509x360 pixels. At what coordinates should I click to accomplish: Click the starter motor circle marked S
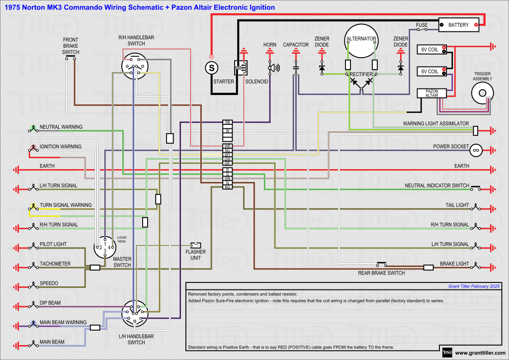click(x=212, y=67)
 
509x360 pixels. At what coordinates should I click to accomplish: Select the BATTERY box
click(x=459, y=25)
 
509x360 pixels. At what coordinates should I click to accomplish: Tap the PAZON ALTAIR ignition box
click(x=431, y=93)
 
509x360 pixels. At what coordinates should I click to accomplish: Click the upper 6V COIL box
click(x=431, y=49)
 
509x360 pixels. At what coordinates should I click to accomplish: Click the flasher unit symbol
click(x=196, y=245)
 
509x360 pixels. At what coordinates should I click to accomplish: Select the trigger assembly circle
click(x=482, y=92)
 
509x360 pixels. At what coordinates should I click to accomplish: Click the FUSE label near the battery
click(x=422, y=25)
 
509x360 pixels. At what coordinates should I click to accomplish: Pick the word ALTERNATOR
click(x=361, y=39)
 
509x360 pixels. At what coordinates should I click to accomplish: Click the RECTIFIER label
click(x=361, y=74)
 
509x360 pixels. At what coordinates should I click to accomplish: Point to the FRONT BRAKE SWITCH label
click(x=71, y=46)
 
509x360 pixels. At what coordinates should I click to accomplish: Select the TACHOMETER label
click(x=55, y=264)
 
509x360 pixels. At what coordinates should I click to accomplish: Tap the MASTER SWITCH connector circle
click(x=105, y=247)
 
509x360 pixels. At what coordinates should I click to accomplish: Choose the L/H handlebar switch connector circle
click(x=135, y=314)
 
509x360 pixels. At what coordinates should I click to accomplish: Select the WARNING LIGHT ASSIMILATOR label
click(x=436, y=123)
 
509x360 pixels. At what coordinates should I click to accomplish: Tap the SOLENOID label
click(x=256, y=82)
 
